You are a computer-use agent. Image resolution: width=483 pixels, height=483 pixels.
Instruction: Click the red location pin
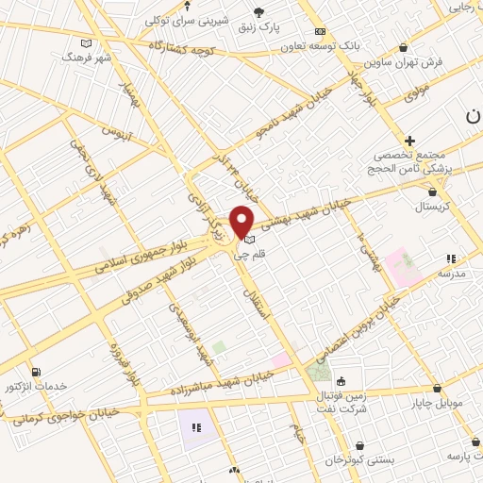pos(242,220)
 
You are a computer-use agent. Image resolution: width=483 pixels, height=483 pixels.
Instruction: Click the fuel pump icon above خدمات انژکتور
pos(36,372)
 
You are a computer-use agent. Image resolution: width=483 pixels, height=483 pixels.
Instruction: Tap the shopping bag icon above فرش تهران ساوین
pos(404,47)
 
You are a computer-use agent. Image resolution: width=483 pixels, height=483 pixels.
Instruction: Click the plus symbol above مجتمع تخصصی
pos(409,140)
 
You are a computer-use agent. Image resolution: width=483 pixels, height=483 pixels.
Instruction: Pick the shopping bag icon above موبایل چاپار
pos(437,389)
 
